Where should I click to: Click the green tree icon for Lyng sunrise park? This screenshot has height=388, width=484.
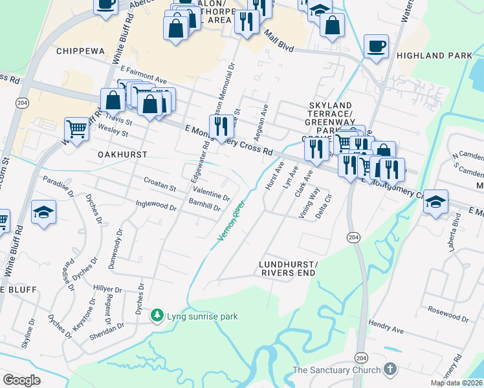(156, 316)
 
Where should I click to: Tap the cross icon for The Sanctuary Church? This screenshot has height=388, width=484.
(389, 370)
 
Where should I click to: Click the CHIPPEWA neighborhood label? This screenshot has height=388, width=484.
(80, 51)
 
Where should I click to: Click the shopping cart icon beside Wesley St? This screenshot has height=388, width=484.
(77, 128)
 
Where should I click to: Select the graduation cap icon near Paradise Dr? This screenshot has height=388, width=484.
(43, 211)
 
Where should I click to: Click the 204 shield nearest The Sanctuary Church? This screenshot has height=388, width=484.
(360, 358)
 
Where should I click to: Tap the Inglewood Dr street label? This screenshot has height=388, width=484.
(156, 206)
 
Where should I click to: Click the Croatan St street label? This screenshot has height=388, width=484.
(160, 188)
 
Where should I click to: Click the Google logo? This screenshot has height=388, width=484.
(21, 380)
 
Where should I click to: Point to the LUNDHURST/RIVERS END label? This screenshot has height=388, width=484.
(288, 269)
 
